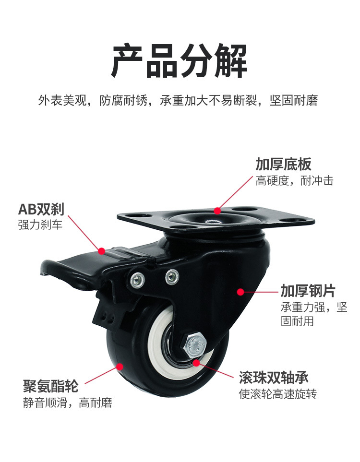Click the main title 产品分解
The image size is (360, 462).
pyautogui.click(x=180, y=61)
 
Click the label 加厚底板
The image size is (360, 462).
pyautogui.click(x=283, y=164)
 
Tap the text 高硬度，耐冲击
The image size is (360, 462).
pyautogui.click(x=294, y=181)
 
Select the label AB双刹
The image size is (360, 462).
pyautogui.click(x=41, y=209)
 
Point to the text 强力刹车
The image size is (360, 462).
pyautogui.click(x=40, y=224)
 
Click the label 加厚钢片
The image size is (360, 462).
pyautogui.click(x=308, y=291)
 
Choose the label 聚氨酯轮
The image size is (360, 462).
pyautogui.click(x=50, y=386)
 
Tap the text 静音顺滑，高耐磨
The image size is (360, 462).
pyautogui.click(x=67, y=403)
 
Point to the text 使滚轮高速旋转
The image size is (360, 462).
pyautogui.click(x=278, y=394)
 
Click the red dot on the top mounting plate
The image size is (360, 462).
pyautogui.click(x=217, y=211)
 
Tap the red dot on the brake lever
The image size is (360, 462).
pyautogui.click(x=101, y=250)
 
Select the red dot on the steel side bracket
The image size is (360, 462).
pyautogui.click(x=240, y=291)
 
